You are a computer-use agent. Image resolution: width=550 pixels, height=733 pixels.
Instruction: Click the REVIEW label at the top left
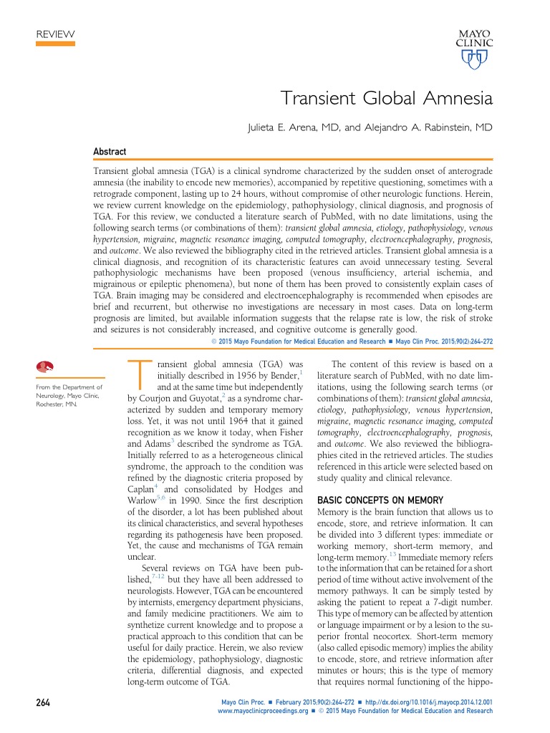pyautogui.click(x=54, y=34)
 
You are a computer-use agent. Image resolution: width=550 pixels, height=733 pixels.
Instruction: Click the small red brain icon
pyautogui.click(x=45, y=366)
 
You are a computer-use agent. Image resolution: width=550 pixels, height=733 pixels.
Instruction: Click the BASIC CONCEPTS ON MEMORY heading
pyautogui.click(x=380, y=500)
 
